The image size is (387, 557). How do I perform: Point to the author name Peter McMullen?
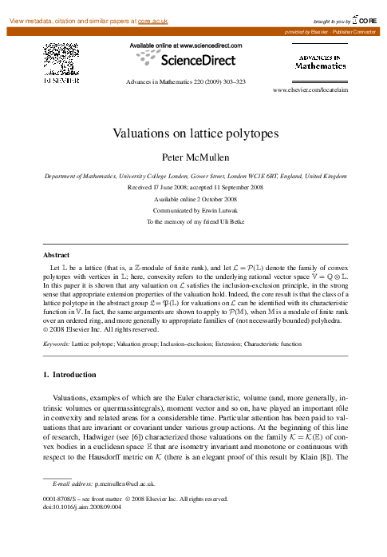pyautogui.click(x=194, y=157)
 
